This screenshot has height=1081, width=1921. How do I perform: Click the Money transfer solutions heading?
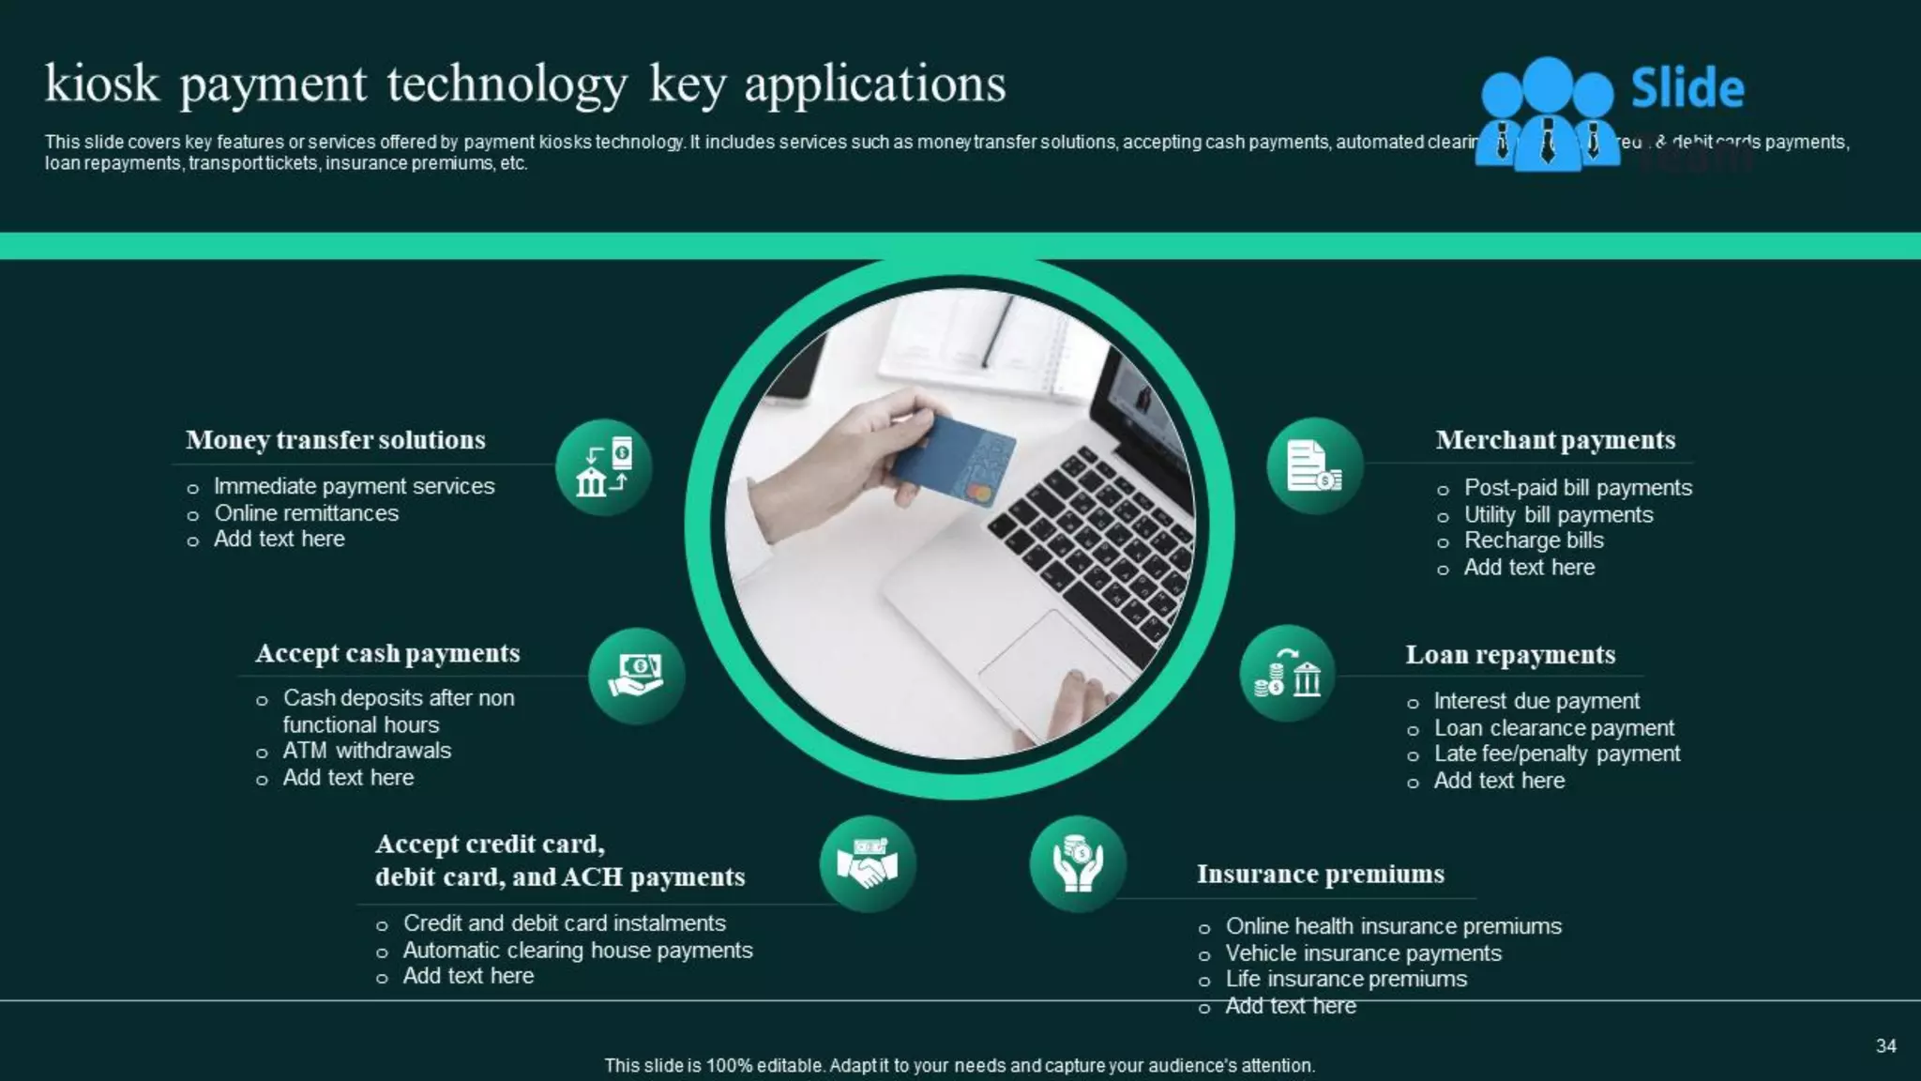[335, 440]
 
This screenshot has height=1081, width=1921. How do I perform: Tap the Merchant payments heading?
[1554, 440]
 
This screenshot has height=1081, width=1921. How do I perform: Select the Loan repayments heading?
[1509, 655]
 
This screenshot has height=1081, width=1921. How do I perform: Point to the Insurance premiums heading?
[1320, 875]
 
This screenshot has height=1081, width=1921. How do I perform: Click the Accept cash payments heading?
[387, 653]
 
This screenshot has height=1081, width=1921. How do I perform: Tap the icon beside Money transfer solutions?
[603, 466]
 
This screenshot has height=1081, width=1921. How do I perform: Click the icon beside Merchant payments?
[1314, 465]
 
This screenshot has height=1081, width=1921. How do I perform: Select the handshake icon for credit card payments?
[868, 863]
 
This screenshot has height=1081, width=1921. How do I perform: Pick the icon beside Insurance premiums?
[1078, 863]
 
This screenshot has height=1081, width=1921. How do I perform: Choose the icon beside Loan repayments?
[1287, 674]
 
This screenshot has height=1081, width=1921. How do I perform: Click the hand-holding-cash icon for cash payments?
[636, 676]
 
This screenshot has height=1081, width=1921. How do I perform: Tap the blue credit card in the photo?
[952, 461]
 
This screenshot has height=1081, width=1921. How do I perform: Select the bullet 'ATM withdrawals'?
[367, 751]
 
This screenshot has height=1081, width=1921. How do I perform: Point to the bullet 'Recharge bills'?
[1534, 540]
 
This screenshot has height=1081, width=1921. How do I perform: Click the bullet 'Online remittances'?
[306, 513]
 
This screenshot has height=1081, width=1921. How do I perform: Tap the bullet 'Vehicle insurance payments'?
[1363, 953]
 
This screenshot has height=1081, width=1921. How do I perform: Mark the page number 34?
[1885, 1046]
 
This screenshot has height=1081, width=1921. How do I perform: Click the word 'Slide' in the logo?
[1687, 88]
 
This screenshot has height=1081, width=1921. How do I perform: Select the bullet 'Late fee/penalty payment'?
[1556, 754]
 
